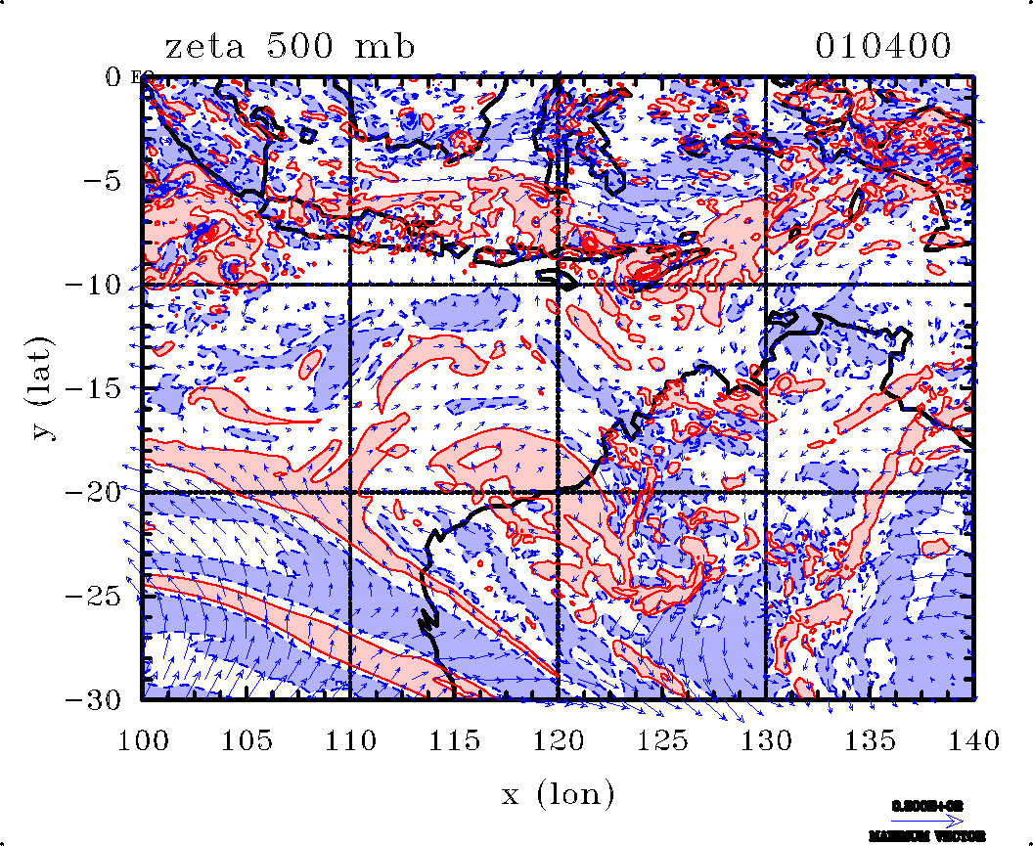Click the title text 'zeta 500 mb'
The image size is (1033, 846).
[290, 46]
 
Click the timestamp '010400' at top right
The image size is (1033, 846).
[883, 46]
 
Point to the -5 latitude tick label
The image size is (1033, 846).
[99, 181]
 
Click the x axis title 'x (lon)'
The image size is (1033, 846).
[558, 793]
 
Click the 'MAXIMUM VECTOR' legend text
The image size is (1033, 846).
[926, 836]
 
